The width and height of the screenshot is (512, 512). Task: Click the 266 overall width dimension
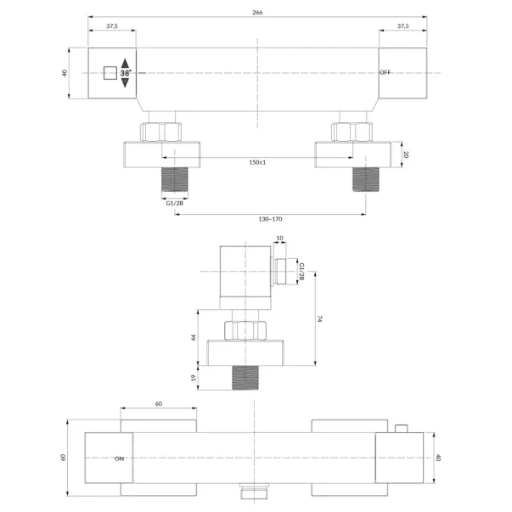(x=257, y=13)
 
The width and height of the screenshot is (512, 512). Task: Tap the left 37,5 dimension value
(x=112, y=26)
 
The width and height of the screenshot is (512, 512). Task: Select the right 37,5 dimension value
(x=403, y=26)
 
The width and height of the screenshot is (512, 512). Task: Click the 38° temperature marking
(x=126, y=73)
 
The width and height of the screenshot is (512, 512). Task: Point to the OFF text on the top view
(x=385, y=72)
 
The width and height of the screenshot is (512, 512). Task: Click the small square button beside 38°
(x=110, y=73)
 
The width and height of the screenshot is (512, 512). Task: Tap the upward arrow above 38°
(x=125, y=64)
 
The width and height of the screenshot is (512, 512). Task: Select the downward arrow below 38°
(x=125, y=83)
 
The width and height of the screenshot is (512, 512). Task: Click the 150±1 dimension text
(x=257, y=162)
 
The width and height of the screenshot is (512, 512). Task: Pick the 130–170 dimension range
(x=270, y=219)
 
